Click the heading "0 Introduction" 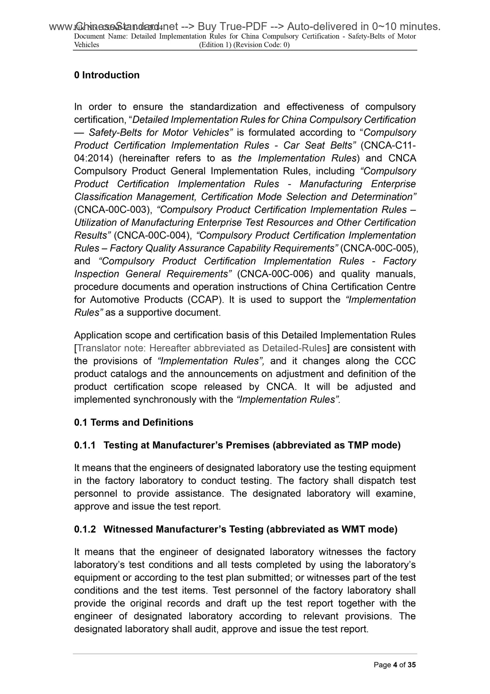point(107,75)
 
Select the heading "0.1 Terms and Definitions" point(134,422)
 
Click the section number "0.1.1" point(85,445)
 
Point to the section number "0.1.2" point(85,529)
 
